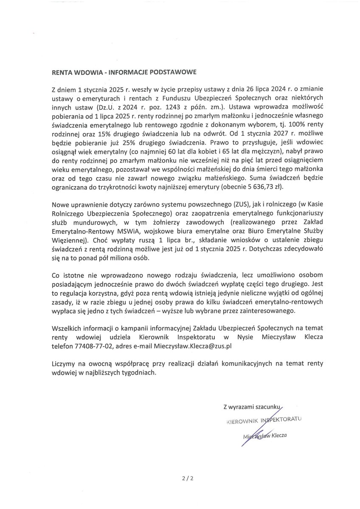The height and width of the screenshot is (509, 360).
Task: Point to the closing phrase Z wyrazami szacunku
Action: pos(252,407)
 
